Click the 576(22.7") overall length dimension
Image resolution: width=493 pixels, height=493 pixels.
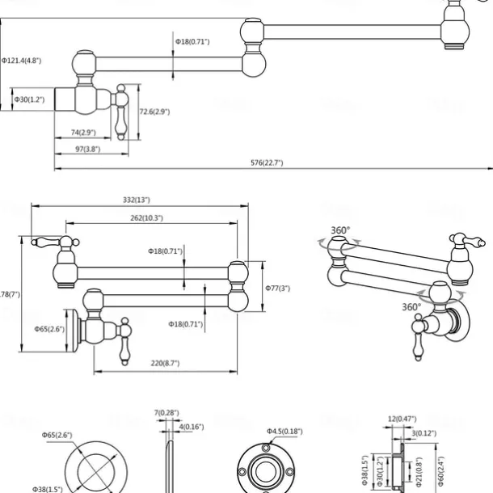click(267, 162)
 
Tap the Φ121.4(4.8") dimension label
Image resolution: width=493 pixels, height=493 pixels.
click(22, 60)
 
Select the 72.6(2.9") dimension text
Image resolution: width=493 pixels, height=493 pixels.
click(154, 112)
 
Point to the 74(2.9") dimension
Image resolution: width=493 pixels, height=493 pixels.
click(83, 132)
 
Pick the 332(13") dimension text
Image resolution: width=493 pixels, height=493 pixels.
click(137, 199)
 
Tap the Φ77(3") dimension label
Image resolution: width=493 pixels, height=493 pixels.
click(277, 288)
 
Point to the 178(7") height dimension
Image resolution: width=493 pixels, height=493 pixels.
click(8, 294)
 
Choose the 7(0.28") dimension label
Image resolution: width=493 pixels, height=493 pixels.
click(167, 413)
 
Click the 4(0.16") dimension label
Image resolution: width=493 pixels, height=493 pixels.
click(192, 426)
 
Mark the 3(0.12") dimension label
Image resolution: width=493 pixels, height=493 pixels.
click(426, 433)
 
